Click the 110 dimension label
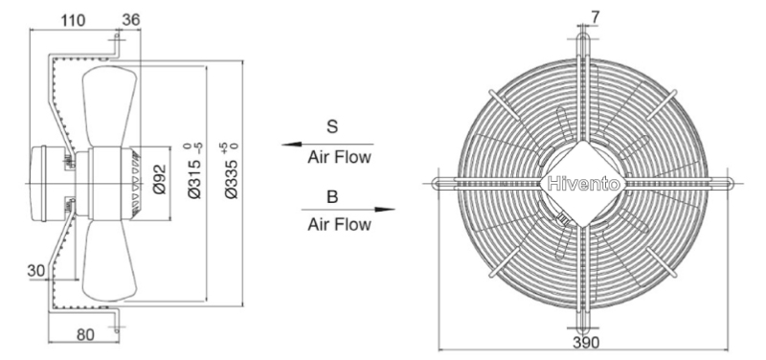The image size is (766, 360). (x=74, y=20)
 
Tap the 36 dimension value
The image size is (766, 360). (x=131, y=19)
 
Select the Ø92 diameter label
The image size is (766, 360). (x=160, y=179)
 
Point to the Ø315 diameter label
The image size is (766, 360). (x=195, y=171)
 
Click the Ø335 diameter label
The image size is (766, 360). (x=232, y=171)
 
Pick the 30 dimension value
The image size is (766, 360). (x=35, y=271)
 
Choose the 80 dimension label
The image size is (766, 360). (x=86, y=334)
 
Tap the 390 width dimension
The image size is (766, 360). (x=586, y=343)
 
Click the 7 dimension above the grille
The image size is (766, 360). (x=595, y=17)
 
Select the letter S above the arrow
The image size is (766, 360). (x=332, y=127)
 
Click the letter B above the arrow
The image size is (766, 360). (x=332, y=197)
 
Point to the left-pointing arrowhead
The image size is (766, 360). (x=291, y=145)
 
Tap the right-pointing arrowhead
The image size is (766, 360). (x=385, y=210)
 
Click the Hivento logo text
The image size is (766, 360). (x=584, y=184)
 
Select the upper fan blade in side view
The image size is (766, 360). (x=109, y=106)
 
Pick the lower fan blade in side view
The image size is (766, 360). (x=109, y=260)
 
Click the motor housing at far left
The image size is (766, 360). (x=38, y=184)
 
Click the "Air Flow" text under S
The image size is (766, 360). (x=340, y=157)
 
